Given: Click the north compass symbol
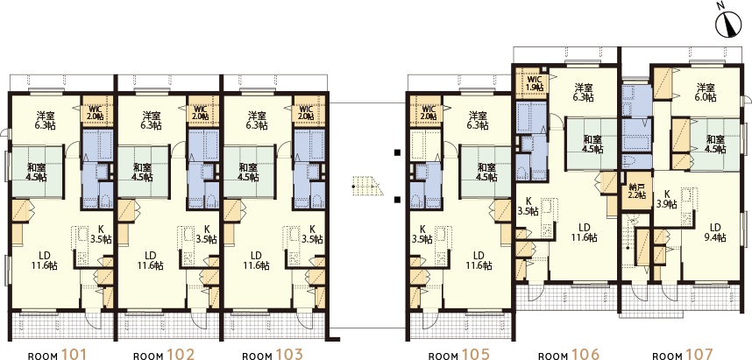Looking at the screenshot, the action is (728, 25).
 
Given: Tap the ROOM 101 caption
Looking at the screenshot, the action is (58, 356).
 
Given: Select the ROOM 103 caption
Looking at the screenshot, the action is (273, 356).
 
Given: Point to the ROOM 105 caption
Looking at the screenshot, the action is (458, 356).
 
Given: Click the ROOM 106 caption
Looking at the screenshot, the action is (568, 356).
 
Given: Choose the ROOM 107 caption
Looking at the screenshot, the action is (683, 356).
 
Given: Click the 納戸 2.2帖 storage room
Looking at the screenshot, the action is (636, 191).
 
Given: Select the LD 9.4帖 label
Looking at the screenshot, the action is (715, 232).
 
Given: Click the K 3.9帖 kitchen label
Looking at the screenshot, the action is (667, 200).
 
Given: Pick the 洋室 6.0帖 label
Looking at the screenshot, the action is (706, 93).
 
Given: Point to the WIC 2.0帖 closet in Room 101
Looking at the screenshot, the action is (97, 112).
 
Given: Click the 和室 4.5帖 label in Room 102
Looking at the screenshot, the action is (143, 172).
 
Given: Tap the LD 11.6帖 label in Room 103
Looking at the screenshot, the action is (259, 260).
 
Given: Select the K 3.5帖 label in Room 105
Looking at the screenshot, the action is (422, 234).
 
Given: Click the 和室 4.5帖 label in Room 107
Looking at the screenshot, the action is (714, 145).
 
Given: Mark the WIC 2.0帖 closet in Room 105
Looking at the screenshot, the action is (425, 112).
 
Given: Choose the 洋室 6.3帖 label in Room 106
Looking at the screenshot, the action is (584, 93).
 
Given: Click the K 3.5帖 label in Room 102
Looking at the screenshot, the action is (207, 234).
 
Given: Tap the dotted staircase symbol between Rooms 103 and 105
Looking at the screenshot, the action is (366, 186).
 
